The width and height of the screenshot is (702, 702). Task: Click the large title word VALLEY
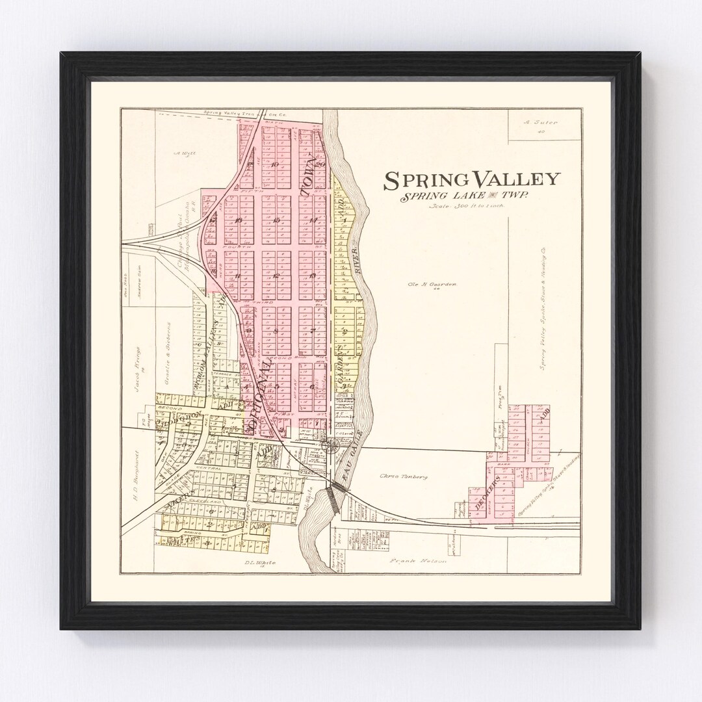click(x=515, y=179)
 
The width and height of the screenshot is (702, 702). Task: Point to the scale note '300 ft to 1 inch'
click(x=466, y=207)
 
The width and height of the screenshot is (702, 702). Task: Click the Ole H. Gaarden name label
click(x=432, y=284)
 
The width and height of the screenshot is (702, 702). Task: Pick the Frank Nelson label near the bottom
click(x=418, y=560)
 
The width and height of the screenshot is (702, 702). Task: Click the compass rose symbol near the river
click(x=330, y=445)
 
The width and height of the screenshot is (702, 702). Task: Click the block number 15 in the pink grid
click(x=276, y=220)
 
